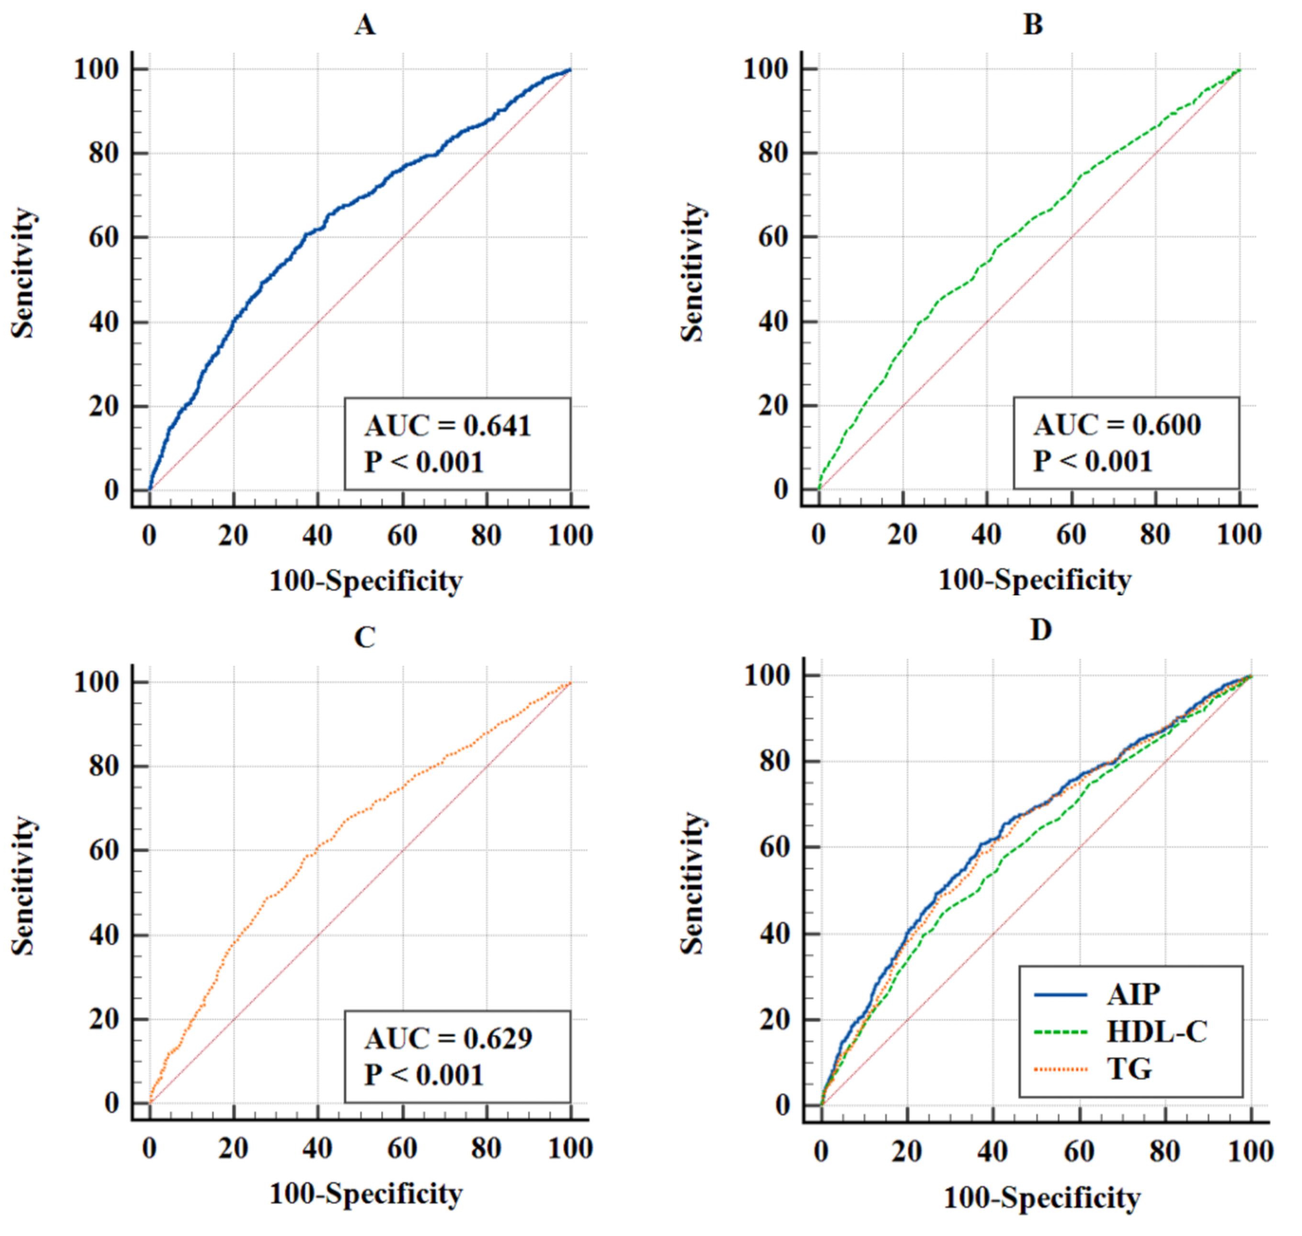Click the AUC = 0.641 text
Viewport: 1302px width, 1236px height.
coord(448,426)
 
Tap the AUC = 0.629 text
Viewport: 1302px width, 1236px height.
coord(448,1039)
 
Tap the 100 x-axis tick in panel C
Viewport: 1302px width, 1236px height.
coord(570,1148)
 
